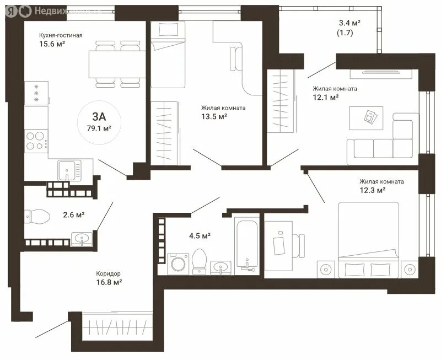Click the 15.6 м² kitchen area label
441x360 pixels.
click(52, 44)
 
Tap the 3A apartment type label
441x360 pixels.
click(99, 116)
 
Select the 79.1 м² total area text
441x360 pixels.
click(99, 128)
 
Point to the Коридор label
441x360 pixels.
click(108, 273)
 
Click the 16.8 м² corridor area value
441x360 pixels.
click(109, 282)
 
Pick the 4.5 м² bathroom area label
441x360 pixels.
click(200, 235)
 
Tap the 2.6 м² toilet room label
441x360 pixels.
click(74, 215)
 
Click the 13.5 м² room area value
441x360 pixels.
click(214, 116)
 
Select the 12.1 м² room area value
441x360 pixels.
click(326, 98)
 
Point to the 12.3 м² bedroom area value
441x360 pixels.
click(373, 190)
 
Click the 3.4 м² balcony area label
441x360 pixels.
click(349, 23)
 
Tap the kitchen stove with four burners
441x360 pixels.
click(36, 141)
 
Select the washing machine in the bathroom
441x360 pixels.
click(178, 264)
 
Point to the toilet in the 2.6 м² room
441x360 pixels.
click(37, 217)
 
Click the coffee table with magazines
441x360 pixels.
click(366, 118)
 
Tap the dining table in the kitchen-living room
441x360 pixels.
click(117, 64)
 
